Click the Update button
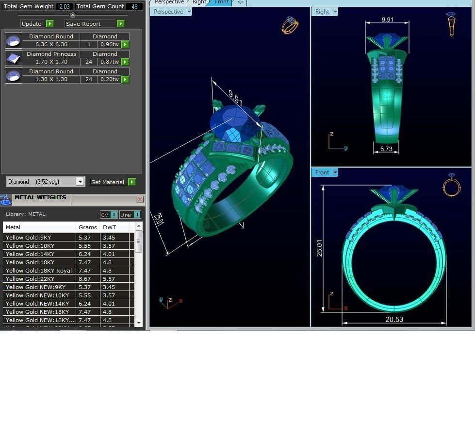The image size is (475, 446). pyautogui.click(x=32, y=23)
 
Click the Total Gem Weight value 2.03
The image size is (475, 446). pyautogui.click(x=64, y=6)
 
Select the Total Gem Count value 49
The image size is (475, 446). pyautogui.click(x=134, y=6)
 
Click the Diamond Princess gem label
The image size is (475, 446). pyautogui.click(x=51, y=54)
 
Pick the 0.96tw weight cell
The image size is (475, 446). pyautogui.click(x=110, y=44)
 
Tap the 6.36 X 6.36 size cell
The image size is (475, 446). pyautogui.click(x=51, y=44)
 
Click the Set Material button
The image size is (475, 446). pyautogui.click(x=108, y=182)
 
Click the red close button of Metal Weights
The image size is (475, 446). pyautogui.click(x=140, y=199)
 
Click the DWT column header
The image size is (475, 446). pyautogui.click(x=110, y=227)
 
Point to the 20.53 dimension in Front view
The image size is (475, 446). pyautogui.click(x=393, y=319)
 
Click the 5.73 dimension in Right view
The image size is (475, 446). pyautogui.click(x=386, y=149)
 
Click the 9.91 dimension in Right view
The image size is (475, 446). pyautogui.click(x=387, y=20)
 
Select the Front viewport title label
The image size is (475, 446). pyautogui.click(x=322, y=172)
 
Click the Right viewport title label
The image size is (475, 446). pyautogui.click(x=322, y=12)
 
